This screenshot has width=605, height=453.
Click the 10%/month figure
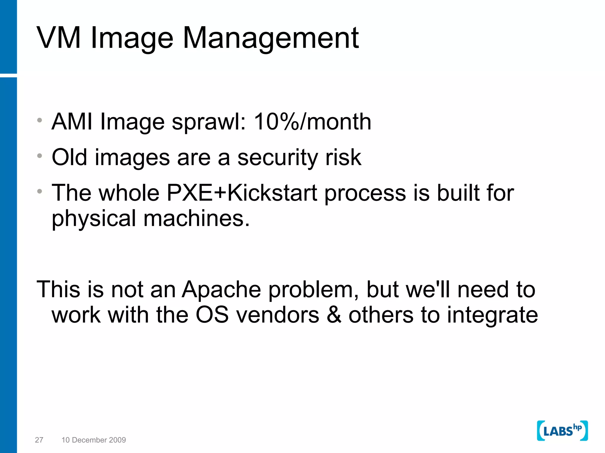[312, 122]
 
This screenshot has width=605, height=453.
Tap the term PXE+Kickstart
[242, 193]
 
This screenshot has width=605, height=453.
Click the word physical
[94, 219]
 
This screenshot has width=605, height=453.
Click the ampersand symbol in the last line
[334, 315]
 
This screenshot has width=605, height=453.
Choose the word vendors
[278, 315]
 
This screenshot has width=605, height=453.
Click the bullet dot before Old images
[40, 156]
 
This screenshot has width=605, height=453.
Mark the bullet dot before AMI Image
[40, 120]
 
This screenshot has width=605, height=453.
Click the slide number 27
[39, 440]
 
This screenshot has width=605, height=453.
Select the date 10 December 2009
[94, 440]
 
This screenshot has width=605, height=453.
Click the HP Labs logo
[562, 431]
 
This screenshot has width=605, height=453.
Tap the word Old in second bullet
[69, 157]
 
